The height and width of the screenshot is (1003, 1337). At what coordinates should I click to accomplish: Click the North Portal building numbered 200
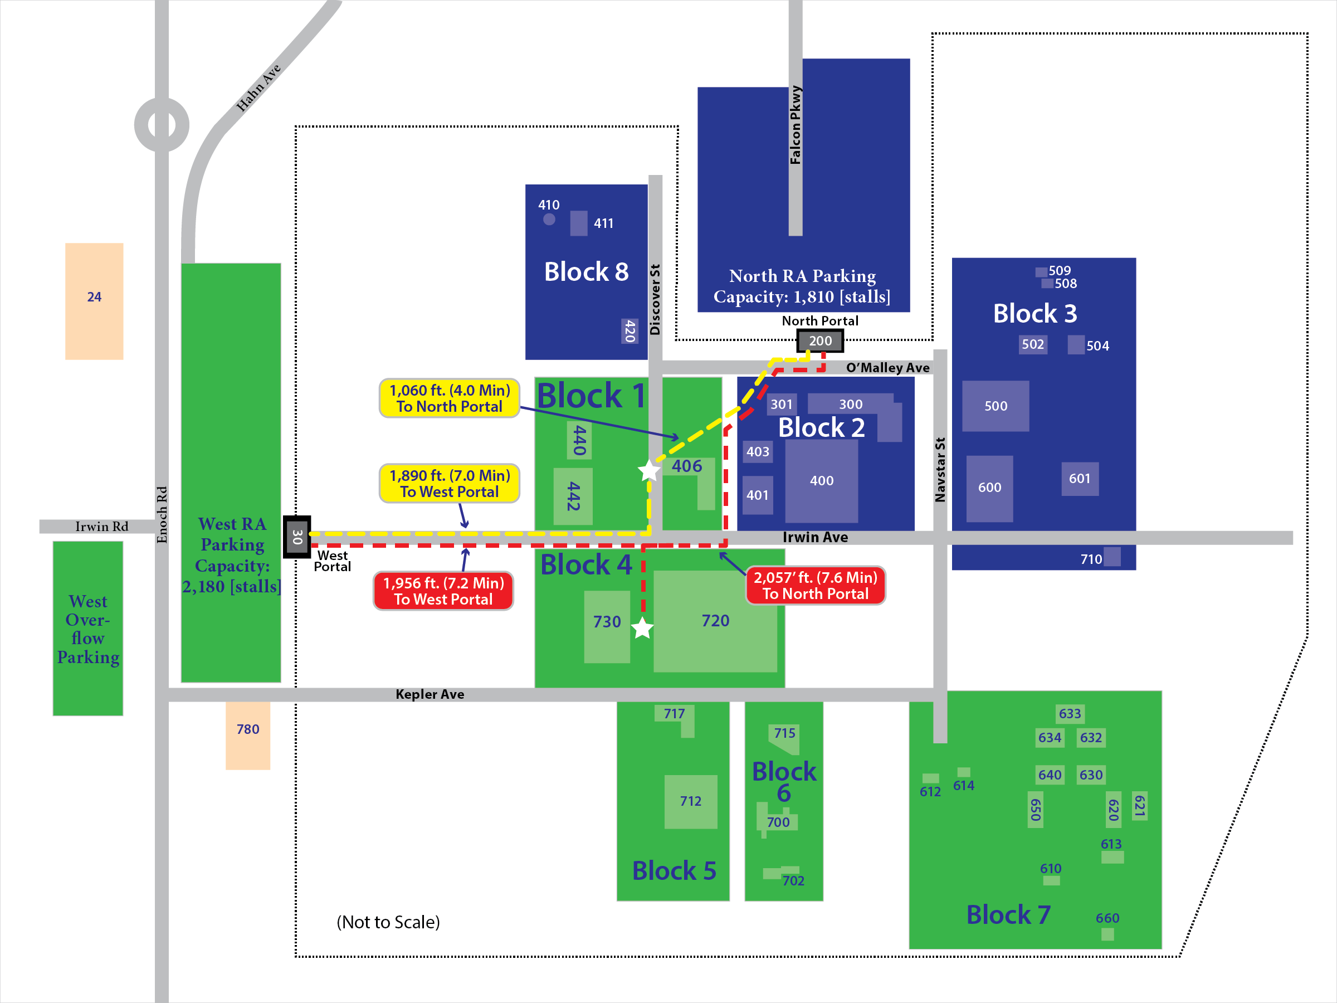[x=820, y=341]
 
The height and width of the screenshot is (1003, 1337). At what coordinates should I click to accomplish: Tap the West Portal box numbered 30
[x=297, y=537]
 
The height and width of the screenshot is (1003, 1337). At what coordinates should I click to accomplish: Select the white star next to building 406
[x=649, y=470]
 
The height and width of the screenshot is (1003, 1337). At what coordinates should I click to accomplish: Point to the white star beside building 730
[x=642, y=628]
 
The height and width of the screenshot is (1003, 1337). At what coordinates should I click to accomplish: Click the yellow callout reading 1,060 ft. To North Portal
[x=449, y=398]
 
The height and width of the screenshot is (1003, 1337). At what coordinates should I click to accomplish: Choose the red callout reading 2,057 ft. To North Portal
[x=816, y=585]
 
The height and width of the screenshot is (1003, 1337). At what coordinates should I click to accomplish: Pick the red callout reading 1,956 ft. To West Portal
[x=443, y=591]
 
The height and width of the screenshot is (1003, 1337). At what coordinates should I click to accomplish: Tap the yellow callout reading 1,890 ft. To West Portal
[x=449, y=484]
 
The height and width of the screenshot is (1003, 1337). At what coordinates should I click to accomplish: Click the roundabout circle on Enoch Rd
[x=162, y=125]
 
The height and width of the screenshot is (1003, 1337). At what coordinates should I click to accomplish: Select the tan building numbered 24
[x=94, y=301]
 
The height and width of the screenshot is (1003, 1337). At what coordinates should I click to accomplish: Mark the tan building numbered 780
[x=248, y=734]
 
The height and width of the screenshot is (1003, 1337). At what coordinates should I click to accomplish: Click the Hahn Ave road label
[x=258, y=88]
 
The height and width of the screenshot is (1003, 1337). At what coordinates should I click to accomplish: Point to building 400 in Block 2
[x=822, y=481]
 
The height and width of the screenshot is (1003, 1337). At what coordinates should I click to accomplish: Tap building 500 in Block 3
[x=996, y=406]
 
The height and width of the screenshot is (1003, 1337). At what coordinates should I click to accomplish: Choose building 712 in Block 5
[x=690, y=802]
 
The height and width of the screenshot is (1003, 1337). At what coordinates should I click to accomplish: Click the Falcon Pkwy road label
[x=796, y=125]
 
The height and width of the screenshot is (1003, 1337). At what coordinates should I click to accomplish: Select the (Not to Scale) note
[x=388, y=922]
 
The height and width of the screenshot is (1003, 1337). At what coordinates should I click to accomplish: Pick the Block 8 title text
[x=586, y=272]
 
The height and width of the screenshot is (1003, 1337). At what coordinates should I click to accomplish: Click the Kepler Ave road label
[x=430, y=694]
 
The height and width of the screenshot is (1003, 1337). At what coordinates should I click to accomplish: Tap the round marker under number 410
[x=549, y=220]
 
